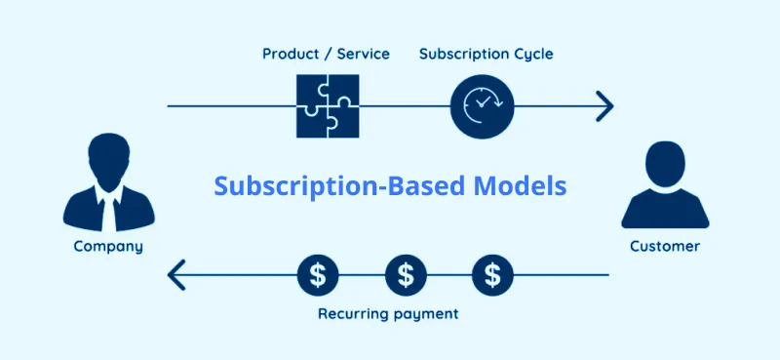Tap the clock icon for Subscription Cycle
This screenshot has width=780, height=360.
(x=482, y=105)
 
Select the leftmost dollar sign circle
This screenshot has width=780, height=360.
(x=318, y=275)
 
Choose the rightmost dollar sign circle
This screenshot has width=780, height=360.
(x=493, y=275)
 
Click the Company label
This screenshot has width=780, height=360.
(x=108, y=246)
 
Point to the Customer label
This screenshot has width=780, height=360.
(x=664, y=246)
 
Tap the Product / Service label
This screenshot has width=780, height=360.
(x=326, y=54)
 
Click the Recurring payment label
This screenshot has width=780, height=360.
(x=388, y=315)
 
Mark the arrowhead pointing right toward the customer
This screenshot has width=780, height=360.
(x=604, y=105)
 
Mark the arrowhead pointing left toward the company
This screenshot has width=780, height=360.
(x=176, y=275)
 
